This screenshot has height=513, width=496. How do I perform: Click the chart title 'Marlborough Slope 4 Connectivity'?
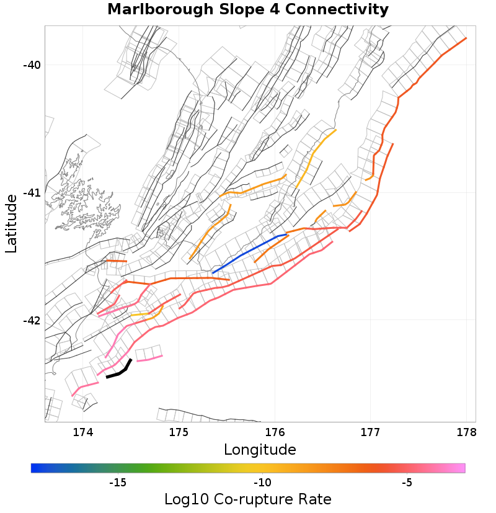point(248,10)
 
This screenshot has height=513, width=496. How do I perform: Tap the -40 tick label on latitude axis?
point(31,65)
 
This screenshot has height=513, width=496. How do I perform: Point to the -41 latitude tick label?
point(31,193)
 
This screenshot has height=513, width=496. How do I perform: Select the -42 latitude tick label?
point(31,321)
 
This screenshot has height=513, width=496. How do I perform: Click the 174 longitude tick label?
point(83,432)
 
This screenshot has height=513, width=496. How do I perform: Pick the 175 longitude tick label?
point(179,432)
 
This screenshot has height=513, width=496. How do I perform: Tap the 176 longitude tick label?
point(275,432)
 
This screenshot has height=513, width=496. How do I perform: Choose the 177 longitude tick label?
point(370,432)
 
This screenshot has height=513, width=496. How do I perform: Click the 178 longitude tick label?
point(466,432)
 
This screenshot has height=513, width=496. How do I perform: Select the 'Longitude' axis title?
point(260,449)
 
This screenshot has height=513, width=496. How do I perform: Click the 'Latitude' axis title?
point(11,223)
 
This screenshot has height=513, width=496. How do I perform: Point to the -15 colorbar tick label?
point(117,483)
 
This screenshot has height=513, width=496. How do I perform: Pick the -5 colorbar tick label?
point(407,483)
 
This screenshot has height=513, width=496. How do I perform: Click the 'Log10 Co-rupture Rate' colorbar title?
point(248,499)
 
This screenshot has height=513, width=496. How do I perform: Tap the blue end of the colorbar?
point(34,468)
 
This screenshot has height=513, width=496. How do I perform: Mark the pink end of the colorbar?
point(462,468)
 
